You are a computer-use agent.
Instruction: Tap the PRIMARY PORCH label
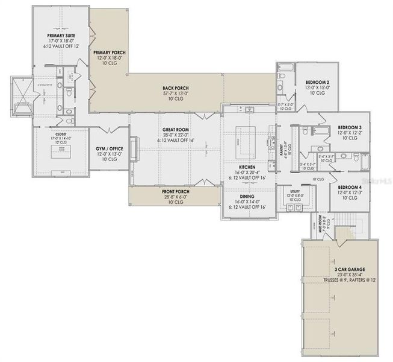(108, 52)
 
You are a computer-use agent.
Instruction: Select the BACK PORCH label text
(176, 87)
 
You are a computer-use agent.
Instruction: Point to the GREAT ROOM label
(176, 129)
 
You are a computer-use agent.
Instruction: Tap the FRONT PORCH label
(176, 192)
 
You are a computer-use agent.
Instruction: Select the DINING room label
(247, 196)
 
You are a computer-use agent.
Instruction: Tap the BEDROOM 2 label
(316, 82)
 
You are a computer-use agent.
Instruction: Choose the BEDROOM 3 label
(349, 127)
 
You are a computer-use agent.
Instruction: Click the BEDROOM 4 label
(349, 188)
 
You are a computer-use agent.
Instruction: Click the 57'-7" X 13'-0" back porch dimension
(176, 94)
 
